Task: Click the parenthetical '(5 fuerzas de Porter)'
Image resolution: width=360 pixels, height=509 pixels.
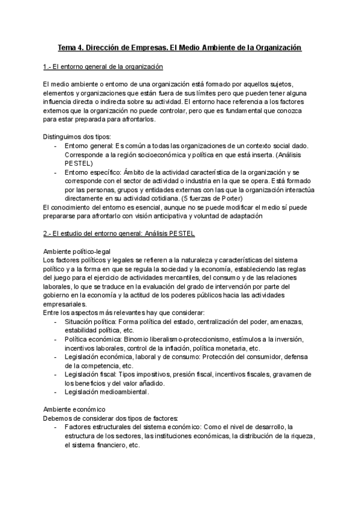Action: click(209, 198)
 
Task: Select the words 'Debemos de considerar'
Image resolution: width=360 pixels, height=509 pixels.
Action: click(77, 418)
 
